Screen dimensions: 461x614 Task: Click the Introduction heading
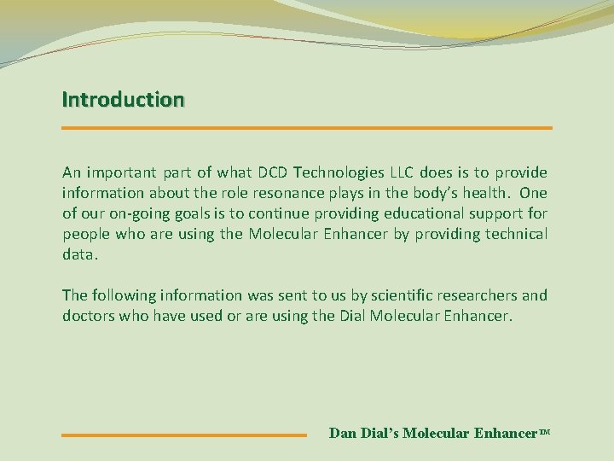coord(122,99)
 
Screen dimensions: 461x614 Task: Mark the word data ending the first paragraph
coord(78,255)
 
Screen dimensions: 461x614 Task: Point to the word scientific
coord(401,295)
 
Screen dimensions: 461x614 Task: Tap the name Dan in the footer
coord(343,434)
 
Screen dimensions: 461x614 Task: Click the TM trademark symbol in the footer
coord(545,432)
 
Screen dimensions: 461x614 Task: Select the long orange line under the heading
coord(307,128)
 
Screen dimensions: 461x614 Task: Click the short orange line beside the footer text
coord(184,435)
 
